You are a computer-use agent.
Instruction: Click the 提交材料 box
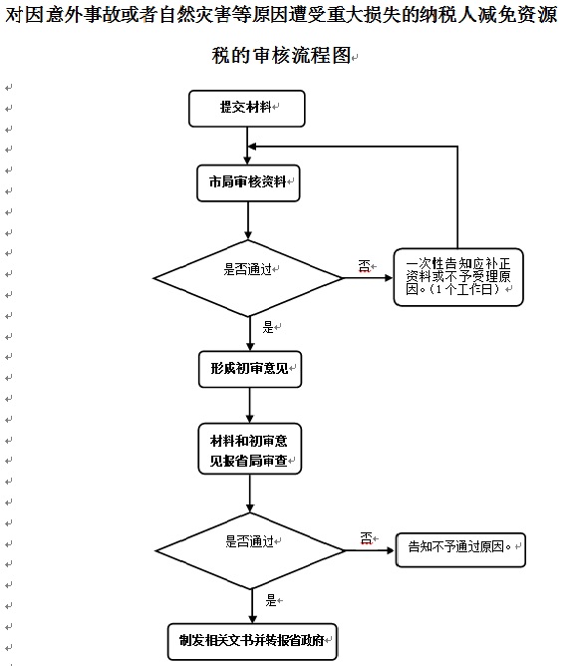(x=246, y=109)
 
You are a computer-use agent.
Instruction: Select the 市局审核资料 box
(x=248, y=183)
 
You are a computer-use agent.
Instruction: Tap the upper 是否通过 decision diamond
(x=248, y=278)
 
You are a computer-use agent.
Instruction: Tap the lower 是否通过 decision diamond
(x=250, y=551)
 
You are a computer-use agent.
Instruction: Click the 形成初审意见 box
(x=250, y=369)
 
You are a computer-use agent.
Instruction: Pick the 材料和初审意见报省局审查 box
(x=249, y=449)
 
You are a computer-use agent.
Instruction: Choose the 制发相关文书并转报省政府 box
(x=252, y=641)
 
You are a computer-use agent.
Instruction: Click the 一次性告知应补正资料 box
(x=458, y=277)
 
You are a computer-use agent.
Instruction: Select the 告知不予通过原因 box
(x=460, y=550)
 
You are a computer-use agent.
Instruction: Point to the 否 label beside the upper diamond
(x=364, y=266)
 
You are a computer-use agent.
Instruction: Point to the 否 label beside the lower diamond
(x=367, y=538)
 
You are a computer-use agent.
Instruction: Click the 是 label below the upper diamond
(x=268, y=327)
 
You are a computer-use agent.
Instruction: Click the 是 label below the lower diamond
(x=271, y=600)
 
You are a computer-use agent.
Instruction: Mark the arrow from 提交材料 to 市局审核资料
(x=247, y=146)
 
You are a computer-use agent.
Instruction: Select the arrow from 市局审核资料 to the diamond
(x=248, y=220)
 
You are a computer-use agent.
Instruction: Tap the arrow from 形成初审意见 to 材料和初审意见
(x=249, y=405)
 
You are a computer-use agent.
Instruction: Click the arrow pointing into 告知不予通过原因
(x=370, y=550)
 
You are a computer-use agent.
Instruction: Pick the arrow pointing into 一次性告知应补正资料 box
(x=367, y=278)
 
